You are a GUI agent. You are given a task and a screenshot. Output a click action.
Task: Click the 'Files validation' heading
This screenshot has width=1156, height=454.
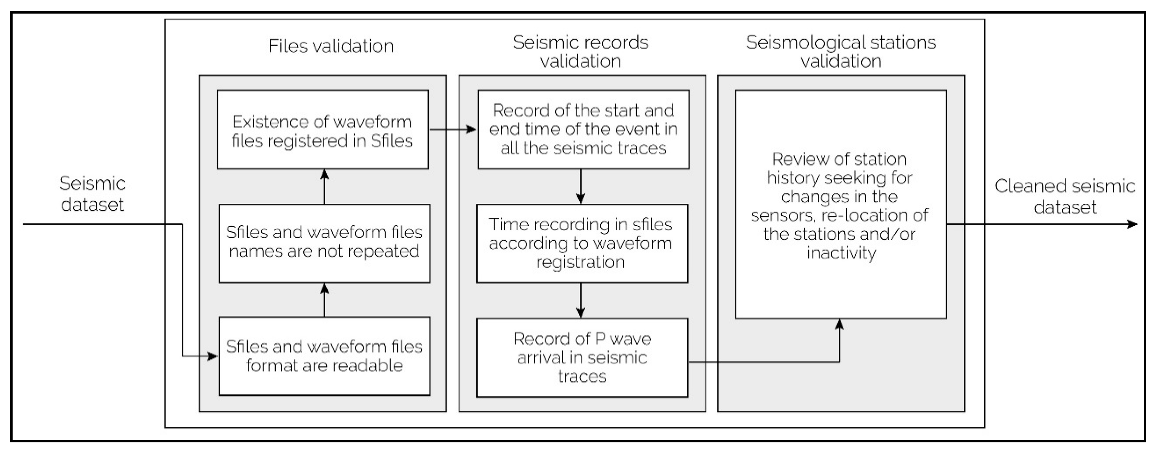pyautogui.click(x=331, y=46)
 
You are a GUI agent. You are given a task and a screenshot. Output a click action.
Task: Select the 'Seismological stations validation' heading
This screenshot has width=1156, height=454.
pyautogui.click(x=840, y=52)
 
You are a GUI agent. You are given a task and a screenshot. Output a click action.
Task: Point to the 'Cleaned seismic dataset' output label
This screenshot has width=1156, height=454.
pyautogui.click(x=1064, y=197)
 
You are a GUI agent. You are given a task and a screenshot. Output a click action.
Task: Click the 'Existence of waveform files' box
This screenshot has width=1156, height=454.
pyautogui.click(x=322, y=130)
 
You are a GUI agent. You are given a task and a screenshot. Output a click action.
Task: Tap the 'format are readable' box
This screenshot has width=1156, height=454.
pyautogui.click(x=324, y=356)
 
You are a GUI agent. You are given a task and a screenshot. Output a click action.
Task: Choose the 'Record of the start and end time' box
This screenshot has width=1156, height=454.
pyautogui.click(x=583, y=129)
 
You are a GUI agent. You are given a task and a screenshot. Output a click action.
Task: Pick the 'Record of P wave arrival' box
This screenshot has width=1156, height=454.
pyautogui.click(x=582, y=357)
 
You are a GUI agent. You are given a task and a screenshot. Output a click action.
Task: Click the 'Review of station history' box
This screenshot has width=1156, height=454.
pyautogui.click(x=840, y=205)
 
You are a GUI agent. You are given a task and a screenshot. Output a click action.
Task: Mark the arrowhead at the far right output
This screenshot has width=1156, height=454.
pyautogui.click(x=1133, y=224)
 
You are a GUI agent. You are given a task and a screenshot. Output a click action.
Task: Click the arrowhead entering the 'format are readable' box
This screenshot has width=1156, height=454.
pyautogui.click(x=213, y=356)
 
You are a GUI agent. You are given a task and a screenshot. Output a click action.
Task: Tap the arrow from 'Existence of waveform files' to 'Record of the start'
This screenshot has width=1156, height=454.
pyautogui.click(x=452, y=130)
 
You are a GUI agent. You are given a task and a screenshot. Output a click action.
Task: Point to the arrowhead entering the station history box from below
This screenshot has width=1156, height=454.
pyautogui.click(x=839, y=324)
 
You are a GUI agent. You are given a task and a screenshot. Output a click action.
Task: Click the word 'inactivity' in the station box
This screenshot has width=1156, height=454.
pyautogui.click(x=841, y=253)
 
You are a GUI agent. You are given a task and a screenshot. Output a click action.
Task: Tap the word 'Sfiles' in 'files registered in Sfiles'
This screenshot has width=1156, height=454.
pyautogui.click(x=391, y=141)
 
